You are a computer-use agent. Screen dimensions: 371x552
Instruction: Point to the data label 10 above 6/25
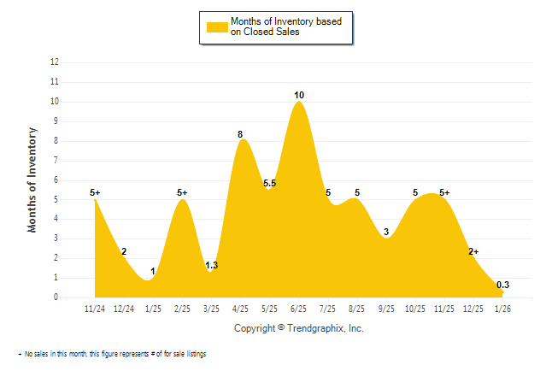pos(299,95)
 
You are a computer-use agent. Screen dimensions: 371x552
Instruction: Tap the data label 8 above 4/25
pos(240,134)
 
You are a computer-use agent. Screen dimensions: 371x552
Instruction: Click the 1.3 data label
pos(212,265)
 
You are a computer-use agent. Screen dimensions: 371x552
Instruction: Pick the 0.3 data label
pos(502,285)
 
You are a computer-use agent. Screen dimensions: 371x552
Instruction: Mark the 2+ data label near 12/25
pos(473,251)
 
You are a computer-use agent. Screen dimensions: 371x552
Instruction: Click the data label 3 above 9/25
pos(386,232)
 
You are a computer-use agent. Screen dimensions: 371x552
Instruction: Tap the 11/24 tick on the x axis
pos(95,308)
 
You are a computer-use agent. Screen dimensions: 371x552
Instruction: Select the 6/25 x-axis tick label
pos(299,308)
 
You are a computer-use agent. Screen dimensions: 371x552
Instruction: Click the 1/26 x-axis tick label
pos(502,308)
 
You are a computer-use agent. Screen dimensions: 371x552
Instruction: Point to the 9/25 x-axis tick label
pos(386,308)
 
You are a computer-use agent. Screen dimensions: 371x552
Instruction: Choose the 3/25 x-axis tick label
pos(212,308)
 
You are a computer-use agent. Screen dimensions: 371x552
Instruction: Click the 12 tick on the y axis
pos(55,62)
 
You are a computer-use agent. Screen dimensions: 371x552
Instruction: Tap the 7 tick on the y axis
pos(56,161)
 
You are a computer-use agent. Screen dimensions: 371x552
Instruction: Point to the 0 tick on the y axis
pos(56,297)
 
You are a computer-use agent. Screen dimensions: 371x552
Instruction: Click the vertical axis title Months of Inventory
pos(32,180)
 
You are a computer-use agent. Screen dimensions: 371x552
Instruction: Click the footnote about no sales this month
pos(115,353)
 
